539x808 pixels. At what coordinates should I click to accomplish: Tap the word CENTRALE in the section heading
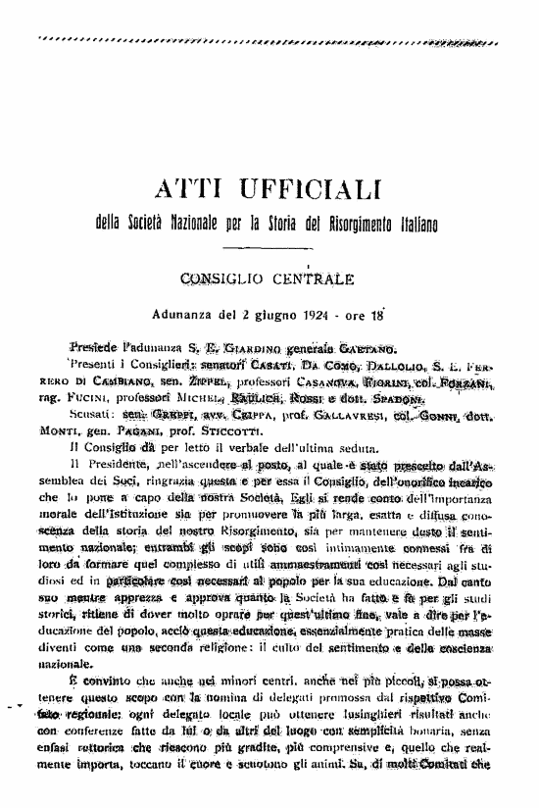pos(312,279)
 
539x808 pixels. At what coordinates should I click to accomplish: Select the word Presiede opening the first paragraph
pos(94,348)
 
